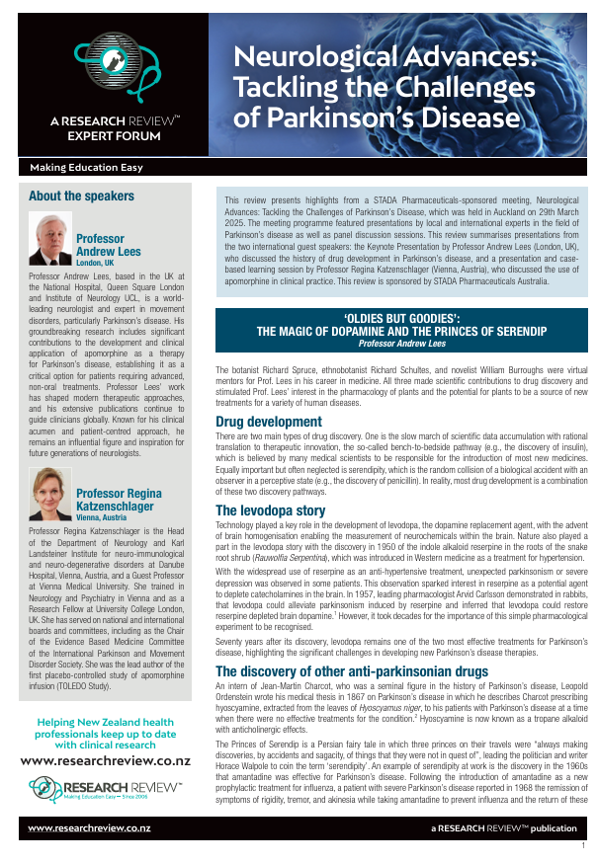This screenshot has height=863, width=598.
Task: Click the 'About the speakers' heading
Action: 81,196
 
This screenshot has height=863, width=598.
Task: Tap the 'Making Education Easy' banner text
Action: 86,168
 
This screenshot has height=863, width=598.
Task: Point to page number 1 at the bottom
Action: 583,846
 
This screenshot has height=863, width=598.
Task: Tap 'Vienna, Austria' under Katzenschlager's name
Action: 102,516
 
